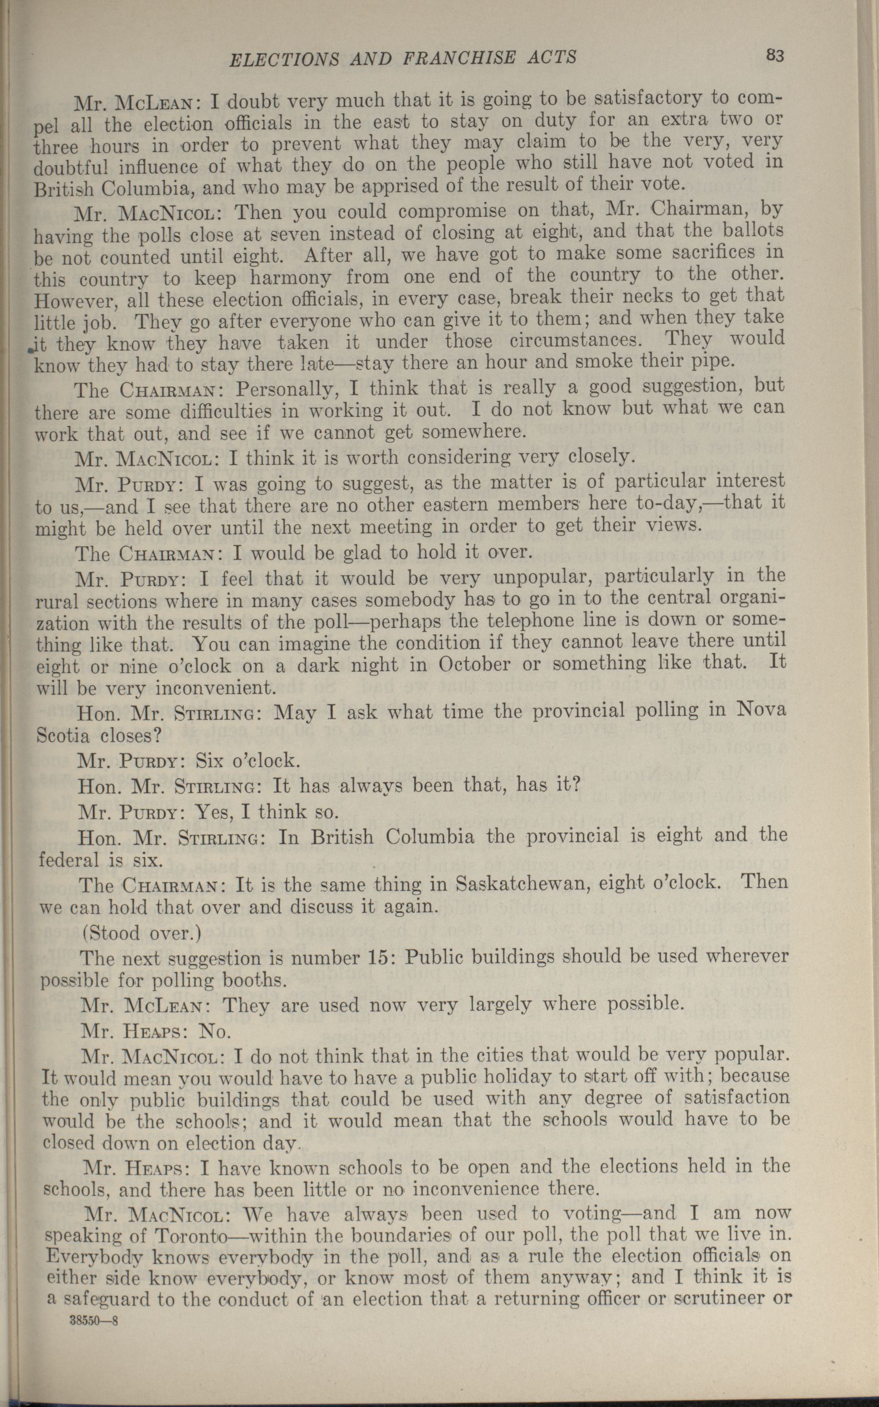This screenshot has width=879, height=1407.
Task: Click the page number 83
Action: click(x=776, y=56)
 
